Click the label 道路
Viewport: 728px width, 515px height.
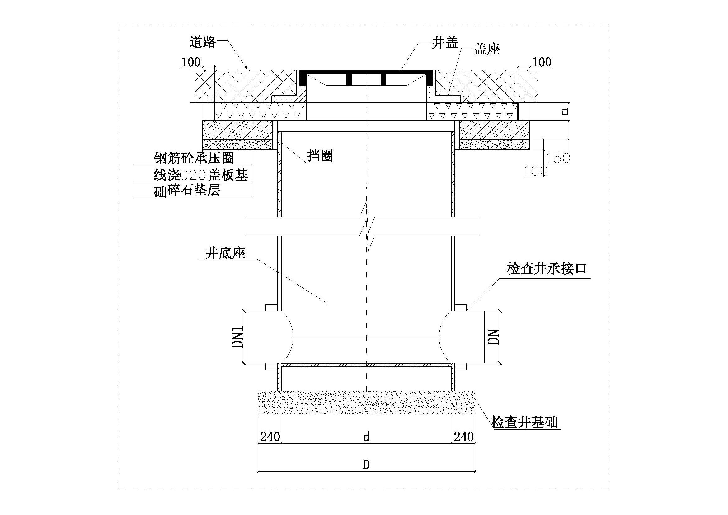point(203,42)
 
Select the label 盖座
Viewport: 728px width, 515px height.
point(487,49)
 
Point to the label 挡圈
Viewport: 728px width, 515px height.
point(320,156)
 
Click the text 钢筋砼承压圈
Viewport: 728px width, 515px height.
point(194,158)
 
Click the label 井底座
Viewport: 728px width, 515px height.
point(225,253)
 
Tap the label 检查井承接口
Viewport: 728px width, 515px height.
point(547,269)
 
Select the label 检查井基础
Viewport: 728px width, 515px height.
point(524,422)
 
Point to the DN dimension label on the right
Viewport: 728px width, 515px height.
point(494,337)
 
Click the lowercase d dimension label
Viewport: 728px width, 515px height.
point(366,437)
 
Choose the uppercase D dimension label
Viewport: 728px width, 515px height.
point(366,465)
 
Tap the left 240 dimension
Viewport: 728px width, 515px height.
point(270,437)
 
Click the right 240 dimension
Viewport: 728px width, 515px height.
point(464,437)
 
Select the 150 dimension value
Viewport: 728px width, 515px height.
point(558,158)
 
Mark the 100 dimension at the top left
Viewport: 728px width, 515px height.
point(191,62)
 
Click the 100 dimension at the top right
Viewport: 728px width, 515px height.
point(542,62)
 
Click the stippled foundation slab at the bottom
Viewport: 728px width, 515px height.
point(366,402)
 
